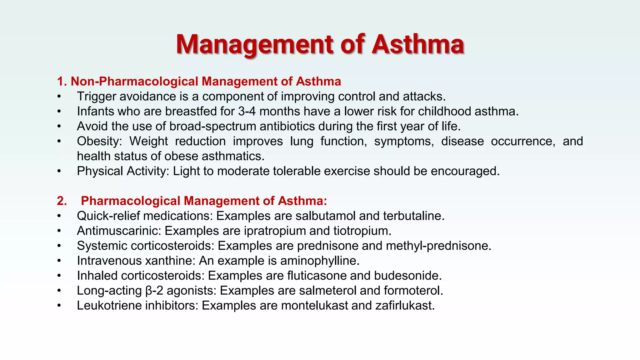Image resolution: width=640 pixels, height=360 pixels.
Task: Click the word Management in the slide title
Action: click(x=255, y=44)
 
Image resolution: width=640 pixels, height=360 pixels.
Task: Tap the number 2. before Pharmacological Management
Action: click(x=62, y=201)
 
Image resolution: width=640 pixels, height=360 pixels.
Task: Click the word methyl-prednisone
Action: click(x=438, y=246)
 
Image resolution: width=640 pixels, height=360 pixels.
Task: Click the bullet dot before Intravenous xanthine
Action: click(x=59, y=261)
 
